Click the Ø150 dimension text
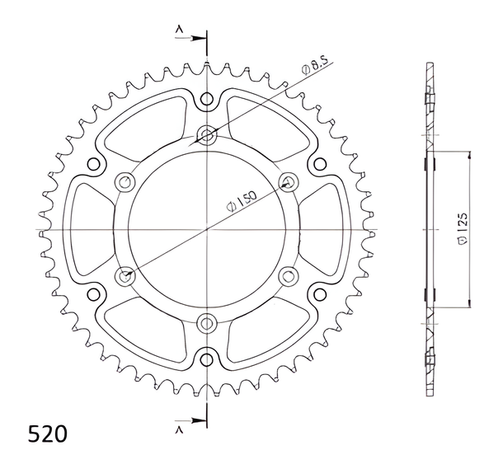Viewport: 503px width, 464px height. (x=242, y=201)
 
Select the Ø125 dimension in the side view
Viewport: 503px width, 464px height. (x=463, y=229)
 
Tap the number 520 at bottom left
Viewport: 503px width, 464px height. (x=48, y=434)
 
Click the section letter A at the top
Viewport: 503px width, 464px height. (x=179, y=30)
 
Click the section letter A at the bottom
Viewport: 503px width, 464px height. (x=179, y=430)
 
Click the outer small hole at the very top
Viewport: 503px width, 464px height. (x=207, y=98)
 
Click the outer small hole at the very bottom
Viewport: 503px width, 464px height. (x=207, y=359)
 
